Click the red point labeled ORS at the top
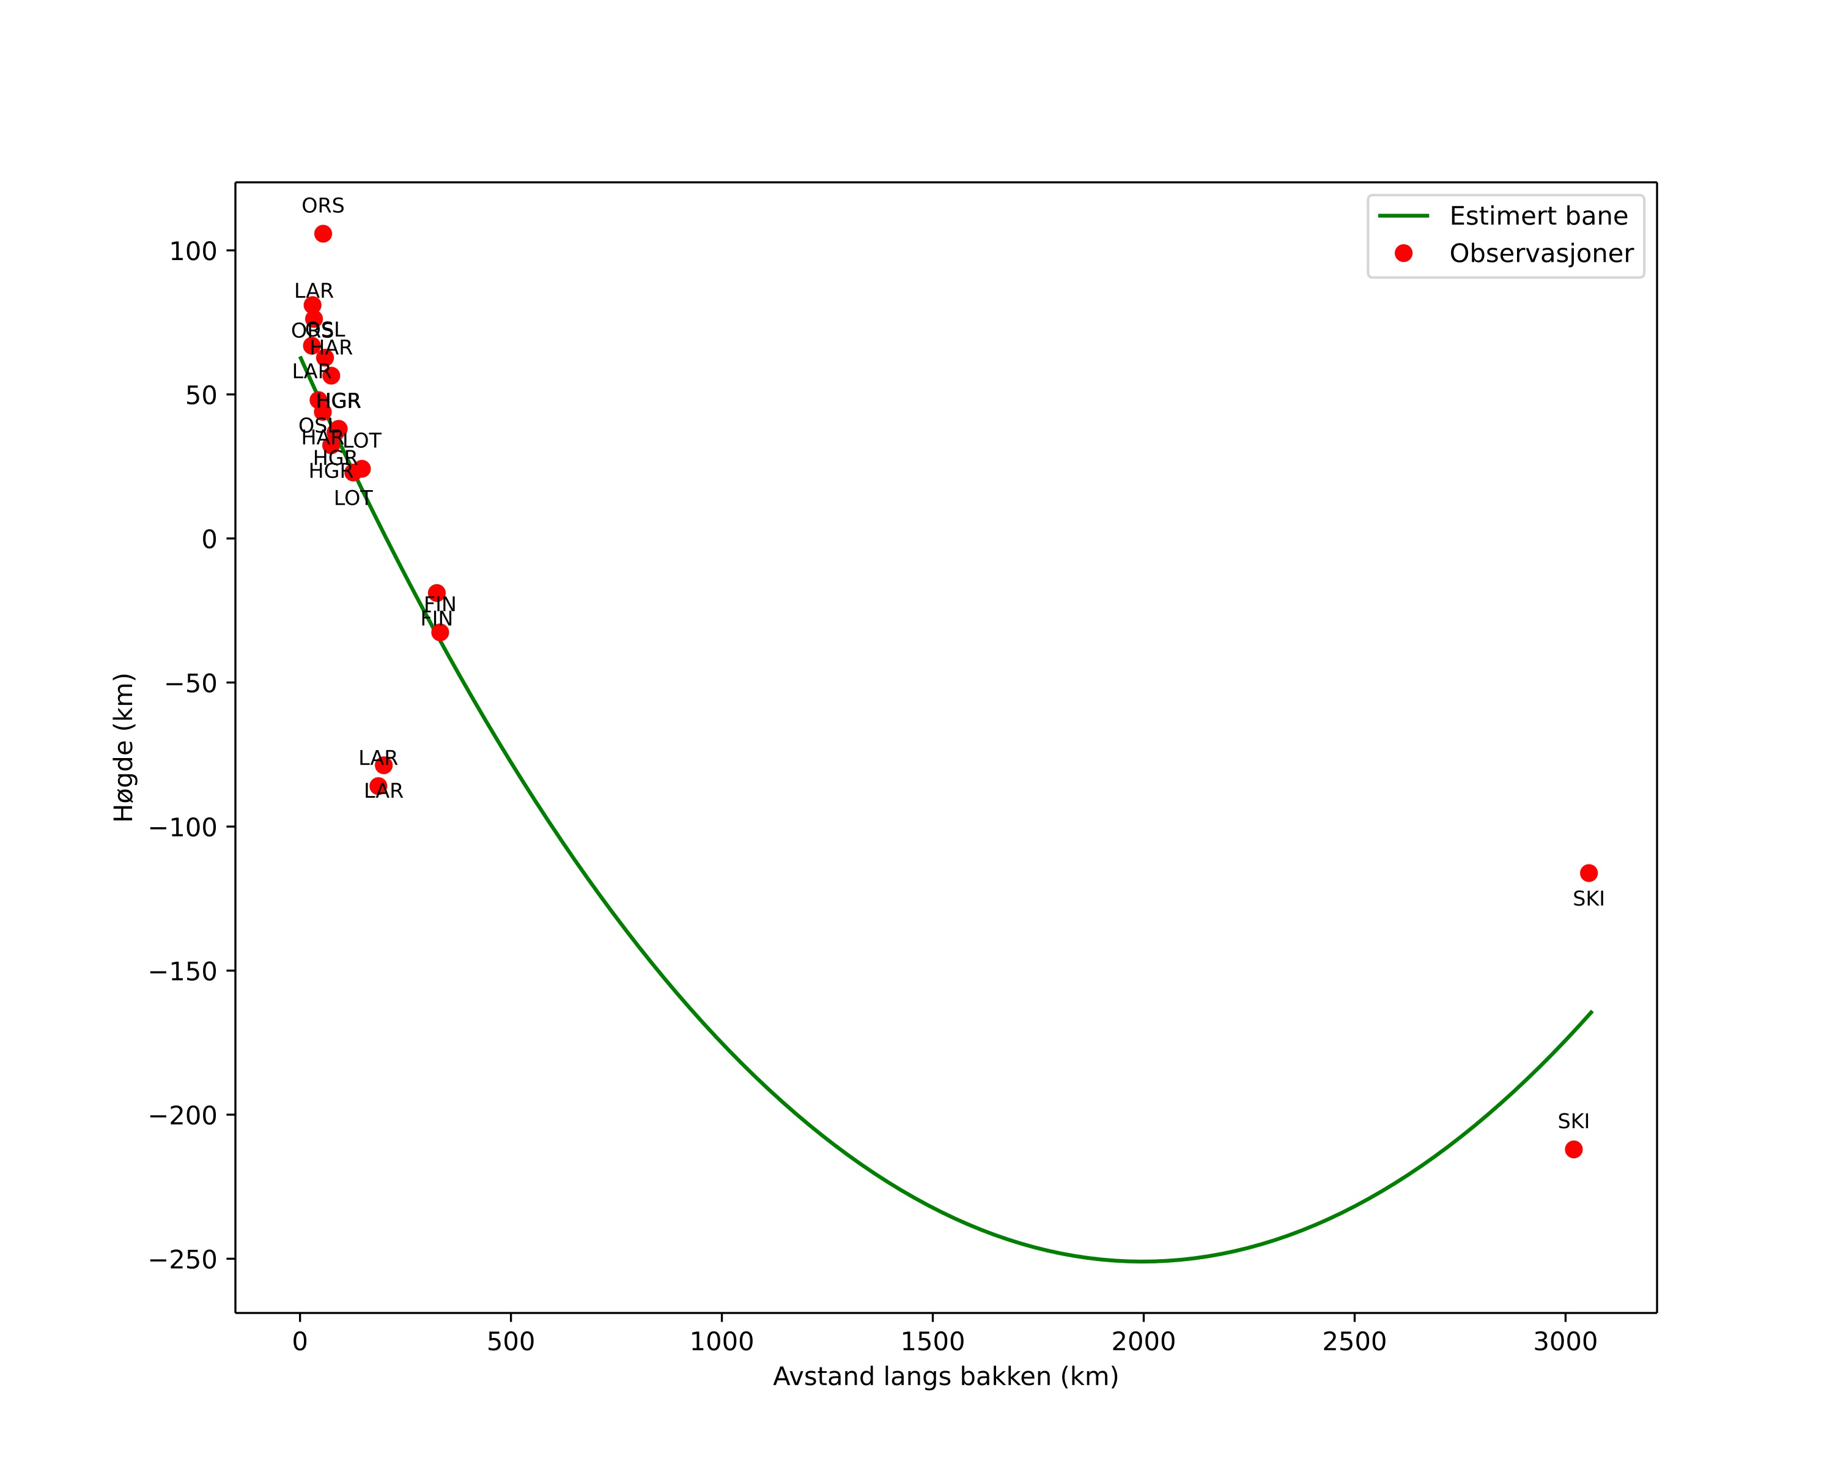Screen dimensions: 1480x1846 point(323,234)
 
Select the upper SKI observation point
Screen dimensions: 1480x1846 point(1589,872)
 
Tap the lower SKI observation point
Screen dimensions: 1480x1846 point(1573,1150)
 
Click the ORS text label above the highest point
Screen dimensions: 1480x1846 point(323,206)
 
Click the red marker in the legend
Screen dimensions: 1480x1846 point(1403,253)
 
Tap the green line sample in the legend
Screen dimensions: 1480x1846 point(1403,217)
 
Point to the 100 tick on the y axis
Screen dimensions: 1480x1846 point(193,251)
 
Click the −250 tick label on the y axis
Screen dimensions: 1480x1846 point(183,1260)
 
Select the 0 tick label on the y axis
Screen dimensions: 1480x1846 point(210,540)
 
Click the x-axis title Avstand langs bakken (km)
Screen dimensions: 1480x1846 point(945,1377)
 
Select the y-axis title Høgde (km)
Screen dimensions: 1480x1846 point(124,747)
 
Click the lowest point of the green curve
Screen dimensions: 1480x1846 point(1143,1261)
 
